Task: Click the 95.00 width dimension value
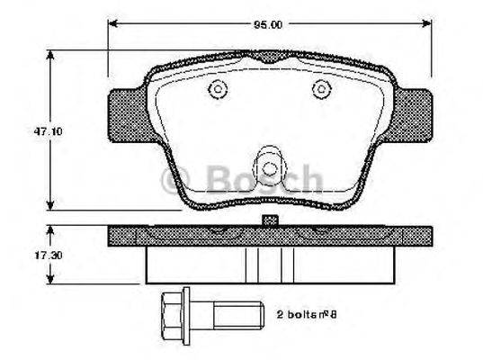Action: click(269, 24)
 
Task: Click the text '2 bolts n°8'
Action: click(309, 316)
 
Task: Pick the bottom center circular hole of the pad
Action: click(269, 167)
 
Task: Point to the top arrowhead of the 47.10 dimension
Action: click(48, 55)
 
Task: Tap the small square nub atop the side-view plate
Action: click(267, 220)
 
